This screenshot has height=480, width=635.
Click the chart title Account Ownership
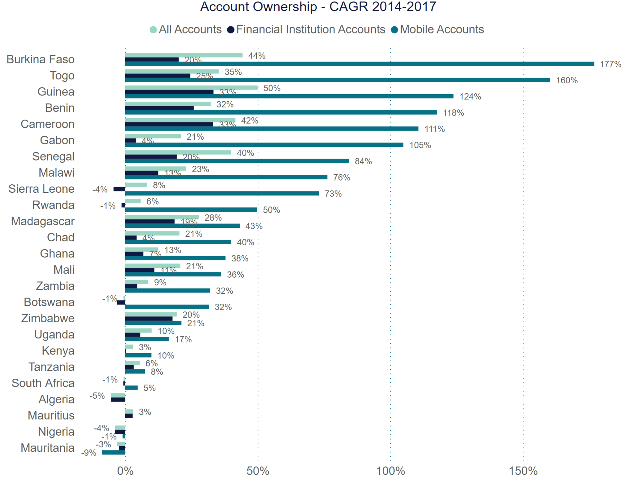point(318,7)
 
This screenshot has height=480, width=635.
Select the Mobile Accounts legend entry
point(438,29)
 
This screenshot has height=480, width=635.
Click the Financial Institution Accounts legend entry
point(306,29)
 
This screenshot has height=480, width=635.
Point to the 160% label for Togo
point(566,80)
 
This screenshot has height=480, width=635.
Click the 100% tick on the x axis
point(390,471)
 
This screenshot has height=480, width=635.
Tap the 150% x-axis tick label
point(523,471)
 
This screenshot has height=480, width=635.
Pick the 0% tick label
point(125,471)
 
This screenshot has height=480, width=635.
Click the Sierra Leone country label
point(41,189)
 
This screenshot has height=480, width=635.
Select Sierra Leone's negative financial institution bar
point(119,189)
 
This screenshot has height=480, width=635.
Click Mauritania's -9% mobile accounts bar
point(113,452)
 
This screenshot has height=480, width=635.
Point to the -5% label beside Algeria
point(97,396)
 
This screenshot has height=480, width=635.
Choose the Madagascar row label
point(43,221)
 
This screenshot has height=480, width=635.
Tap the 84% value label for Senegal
point(363,161)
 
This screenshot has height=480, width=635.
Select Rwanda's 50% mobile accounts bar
point(191,209)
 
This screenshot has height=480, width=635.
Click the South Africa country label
point(43,383)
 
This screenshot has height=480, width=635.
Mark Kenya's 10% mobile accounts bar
point(138,355)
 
